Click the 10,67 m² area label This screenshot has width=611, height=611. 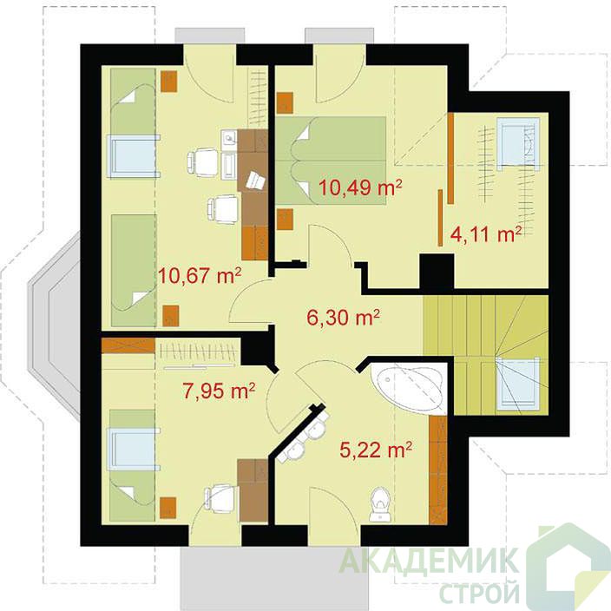tap(200, 276)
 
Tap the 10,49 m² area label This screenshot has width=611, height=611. tap(360, 187)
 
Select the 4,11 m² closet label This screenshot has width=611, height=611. tap(486, 234)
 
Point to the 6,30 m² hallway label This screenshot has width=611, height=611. tap(344, 318)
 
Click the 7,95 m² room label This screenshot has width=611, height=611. tap(219, 391)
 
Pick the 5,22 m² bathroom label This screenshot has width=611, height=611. tap(376, 450)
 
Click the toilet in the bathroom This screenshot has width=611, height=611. tap(380, 503)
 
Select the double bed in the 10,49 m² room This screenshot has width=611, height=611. tap(331, 161)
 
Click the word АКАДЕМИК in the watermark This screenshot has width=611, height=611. tap(430, 560)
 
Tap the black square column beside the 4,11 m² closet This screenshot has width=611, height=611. tap(437, 271)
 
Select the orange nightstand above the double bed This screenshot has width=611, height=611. tap(285, 103)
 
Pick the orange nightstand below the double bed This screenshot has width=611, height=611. tap(285, 219)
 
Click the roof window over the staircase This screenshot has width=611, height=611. tap(517, 384)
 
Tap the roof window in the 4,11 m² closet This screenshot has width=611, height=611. tap(518, 144)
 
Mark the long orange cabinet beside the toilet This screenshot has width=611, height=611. tap(438, 470)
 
